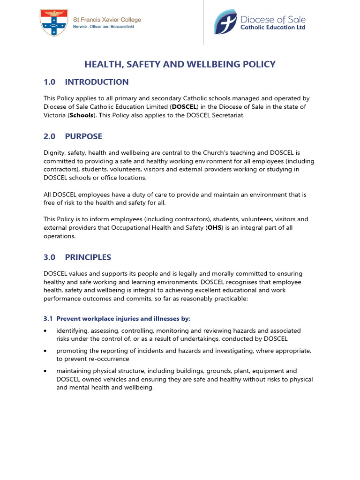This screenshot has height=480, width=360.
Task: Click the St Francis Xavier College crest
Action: pos(54,22)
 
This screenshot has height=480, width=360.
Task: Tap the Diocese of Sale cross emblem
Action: pos(225,22)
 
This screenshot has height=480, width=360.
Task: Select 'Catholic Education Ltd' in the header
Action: pos(273,28)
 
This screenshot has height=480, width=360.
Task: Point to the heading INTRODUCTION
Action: pos(97,82)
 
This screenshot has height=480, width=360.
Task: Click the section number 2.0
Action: pos(49,136)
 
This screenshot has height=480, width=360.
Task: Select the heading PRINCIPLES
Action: pos(88,257)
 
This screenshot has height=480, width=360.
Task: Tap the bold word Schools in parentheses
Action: pos(82,115)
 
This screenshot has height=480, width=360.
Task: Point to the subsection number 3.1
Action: pos(48,319)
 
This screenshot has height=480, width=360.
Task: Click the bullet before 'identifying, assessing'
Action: pos(45,331)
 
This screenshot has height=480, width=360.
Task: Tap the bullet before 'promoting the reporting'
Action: pos(45,351)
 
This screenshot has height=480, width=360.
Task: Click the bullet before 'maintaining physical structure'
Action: pos(45,371)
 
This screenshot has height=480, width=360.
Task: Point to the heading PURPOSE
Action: pos(83,136)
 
